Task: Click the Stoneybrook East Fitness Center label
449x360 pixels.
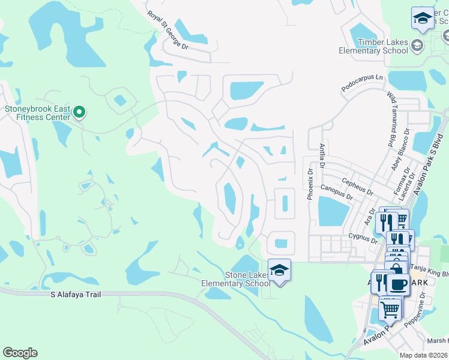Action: click(37, 113)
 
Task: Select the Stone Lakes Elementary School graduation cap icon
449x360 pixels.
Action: click(279, 271)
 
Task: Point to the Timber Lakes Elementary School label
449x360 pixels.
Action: click(373, 47)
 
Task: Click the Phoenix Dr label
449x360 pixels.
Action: click(311, 184)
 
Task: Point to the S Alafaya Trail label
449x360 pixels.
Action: click(76, 294)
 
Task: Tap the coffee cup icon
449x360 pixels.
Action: click(397, 284)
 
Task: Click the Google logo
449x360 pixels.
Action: click(20, 353)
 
